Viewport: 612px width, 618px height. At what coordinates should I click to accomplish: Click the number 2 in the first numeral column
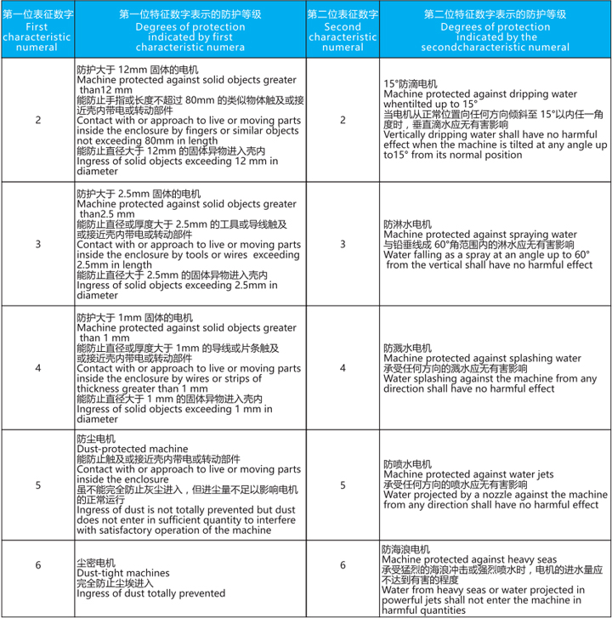click(x=37, y=119)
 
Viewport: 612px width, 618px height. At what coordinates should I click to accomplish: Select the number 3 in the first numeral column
click(x=37, y=244)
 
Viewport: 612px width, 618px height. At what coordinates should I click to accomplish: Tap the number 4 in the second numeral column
click(x=343, y=368)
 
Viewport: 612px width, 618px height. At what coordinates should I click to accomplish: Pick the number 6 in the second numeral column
click(x=343, y=565)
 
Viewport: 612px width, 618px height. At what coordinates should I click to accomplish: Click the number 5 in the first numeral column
click(x=37, y=485)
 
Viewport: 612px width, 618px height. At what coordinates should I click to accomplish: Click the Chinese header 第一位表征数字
click(x=37, y=14)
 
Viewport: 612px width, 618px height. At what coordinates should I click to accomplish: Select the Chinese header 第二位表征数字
click(x=343, y=14)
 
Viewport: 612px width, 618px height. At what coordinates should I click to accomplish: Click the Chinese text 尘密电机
click(x=93, y=562)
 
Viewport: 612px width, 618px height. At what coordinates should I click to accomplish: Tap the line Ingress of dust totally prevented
click(x=151, y=593)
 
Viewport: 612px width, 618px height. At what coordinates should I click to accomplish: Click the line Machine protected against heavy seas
click(x=469, y=559)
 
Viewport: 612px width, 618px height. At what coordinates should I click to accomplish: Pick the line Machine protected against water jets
click(x=468, y=474)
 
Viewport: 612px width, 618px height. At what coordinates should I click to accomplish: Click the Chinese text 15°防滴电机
click(x=411, y=83)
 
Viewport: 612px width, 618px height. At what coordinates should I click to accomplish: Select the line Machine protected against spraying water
click(x=474, y=234)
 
